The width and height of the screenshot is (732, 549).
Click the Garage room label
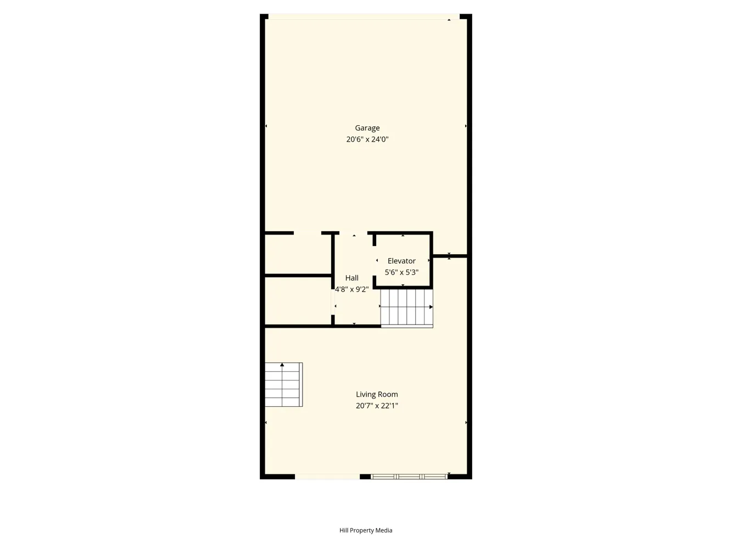pos(367,128)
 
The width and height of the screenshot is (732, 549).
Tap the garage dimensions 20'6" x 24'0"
pos(367,139)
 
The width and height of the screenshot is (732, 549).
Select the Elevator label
pos(401,261)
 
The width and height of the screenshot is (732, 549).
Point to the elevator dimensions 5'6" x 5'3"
pos(401,272)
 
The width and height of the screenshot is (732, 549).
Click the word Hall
pos(352,278)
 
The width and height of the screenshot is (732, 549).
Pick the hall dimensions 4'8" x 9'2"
pos(352,289)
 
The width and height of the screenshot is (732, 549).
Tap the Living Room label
pos(377,394)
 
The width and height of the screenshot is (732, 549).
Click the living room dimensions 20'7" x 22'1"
pos(377,406)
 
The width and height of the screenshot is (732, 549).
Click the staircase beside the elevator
pos(407,309)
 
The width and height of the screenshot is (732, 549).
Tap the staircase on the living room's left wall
pos(284,384)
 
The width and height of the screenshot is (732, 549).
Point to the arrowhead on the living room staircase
pos(282,365)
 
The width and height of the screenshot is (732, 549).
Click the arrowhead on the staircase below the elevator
pos(431,307)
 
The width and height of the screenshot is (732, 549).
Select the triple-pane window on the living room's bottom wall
pos(409,477)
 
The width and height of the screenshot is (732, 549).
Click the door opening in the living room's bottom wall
pos(327,477)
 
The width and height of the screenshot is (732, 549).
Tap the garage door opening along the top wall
pos(364,16)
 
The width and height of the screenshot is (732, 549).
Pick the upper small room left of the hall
pos(298,254)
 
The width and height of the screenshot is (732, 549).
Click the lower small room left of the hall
pos(298,301)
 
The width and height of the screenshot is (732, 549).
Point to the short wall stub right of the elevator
pos(450,256)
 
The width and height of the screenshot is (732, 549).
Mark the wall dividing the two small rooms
pos(298,276)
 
